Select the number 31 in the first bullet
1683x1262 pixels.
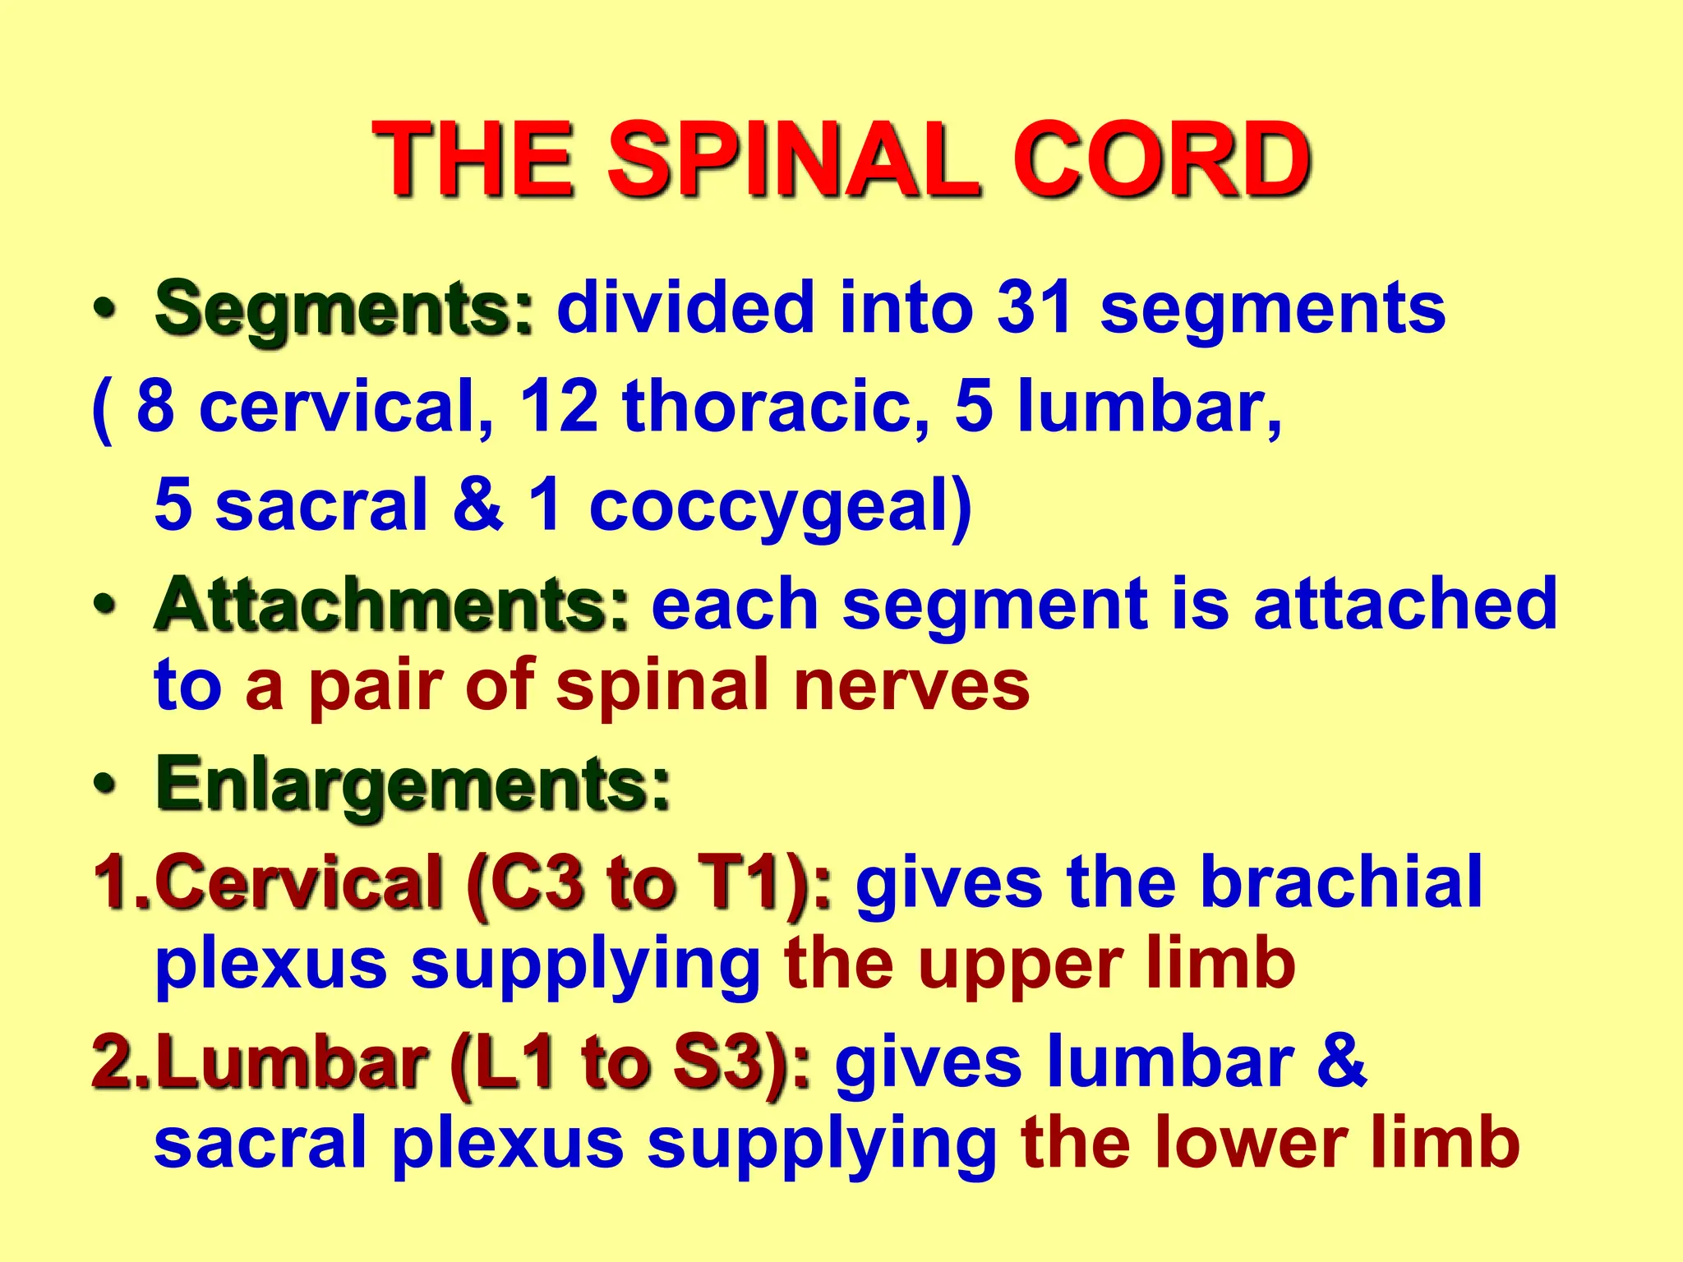tap(1035, 308)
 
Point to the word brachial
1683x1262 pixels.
tap(1341, 882)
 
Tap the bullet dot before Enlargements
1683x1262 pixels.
tap(104, 784)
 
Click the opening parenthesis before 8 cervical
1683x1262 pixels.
tap(102, 409)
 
